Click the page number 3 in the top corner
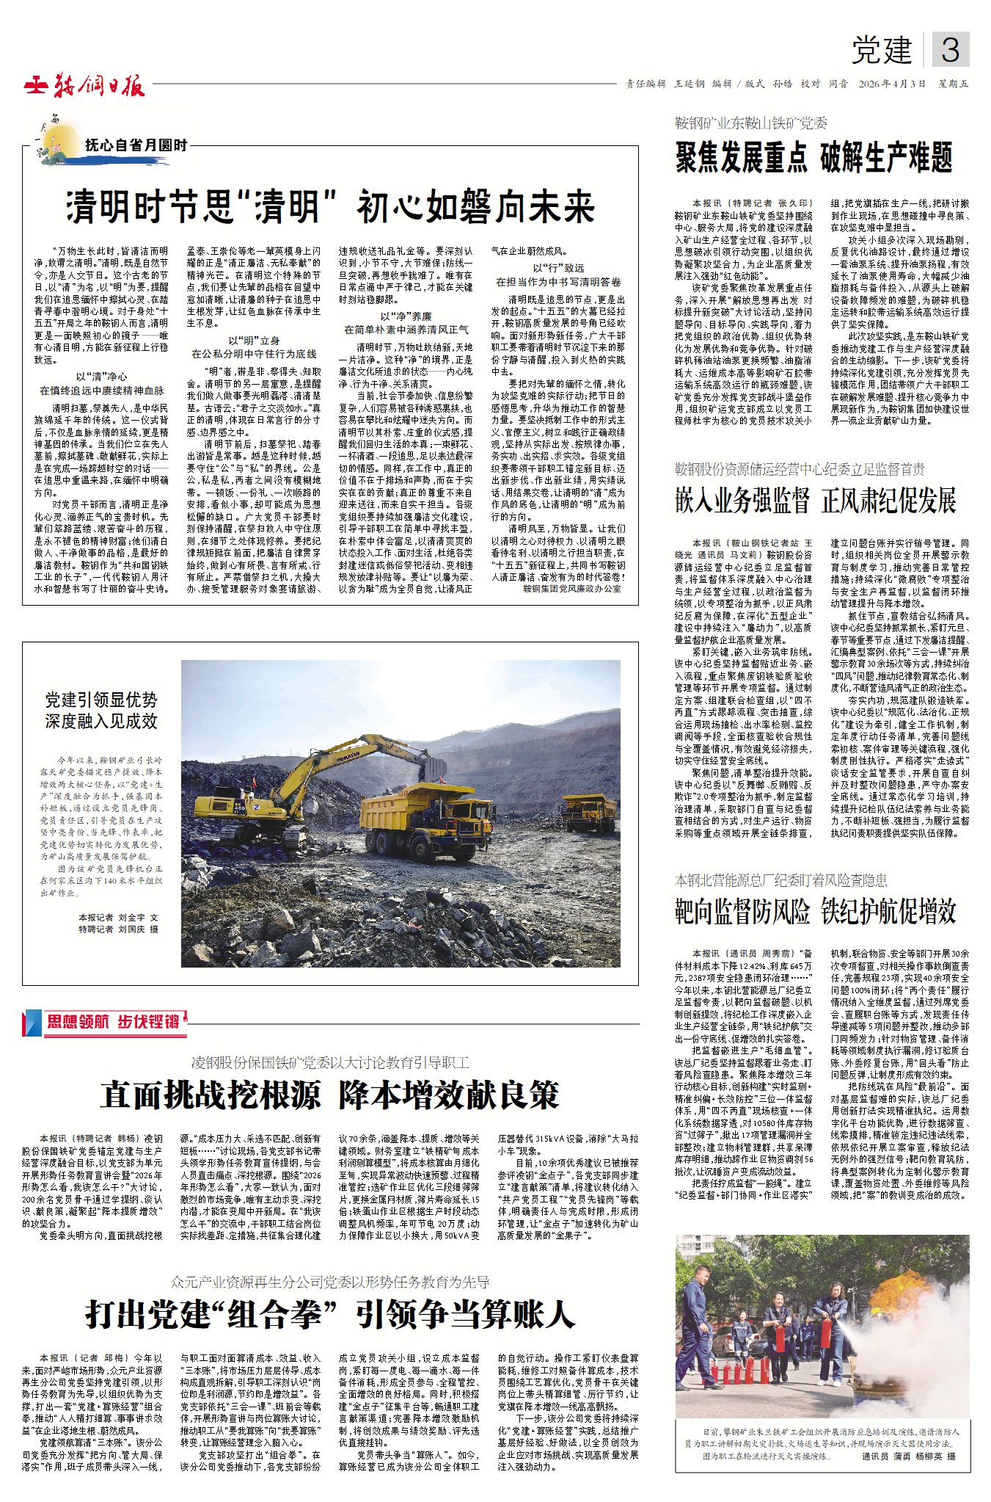coord(950,50)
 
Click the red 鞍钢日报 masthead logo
coord(85,86)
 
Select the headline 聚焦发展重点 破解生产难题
coord(813,158)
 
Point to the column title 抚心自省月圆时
coord(136,145)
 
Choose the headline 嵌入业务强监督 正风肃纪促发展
coord(815,501)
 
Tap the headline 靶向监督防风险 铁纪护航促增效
coord(815,911)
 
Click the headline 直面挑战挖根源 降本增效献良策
coord(330,1095)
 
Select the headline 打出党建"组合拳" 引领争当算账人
coord(330,1313)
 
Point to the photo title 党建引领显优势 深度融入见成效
coord(101,710)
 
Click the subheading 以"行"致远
coord(558,268)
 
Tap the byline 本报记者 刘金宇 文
coord(118,917)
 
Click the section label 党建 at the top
coord(881,50)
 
